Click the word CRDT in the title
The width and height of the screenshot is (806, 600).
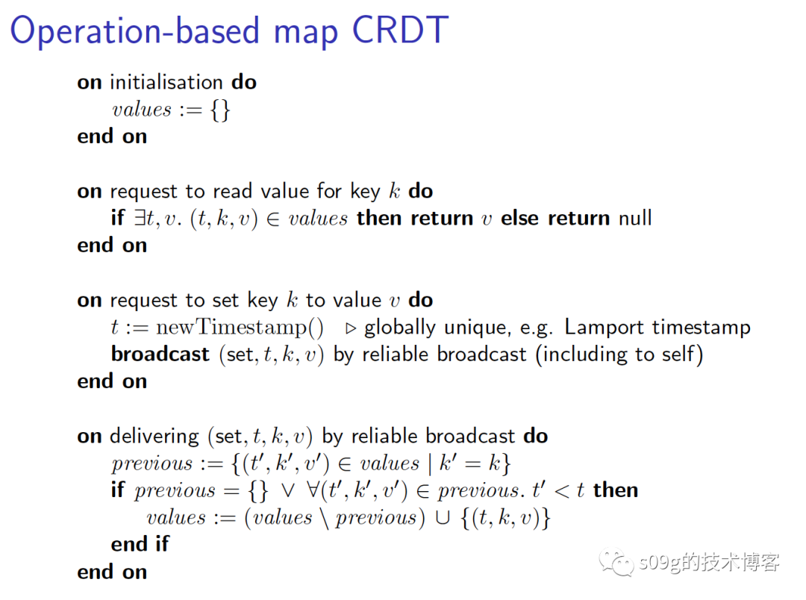click(401, 30)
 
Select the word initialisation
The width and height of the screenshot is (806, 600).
click(166, 82)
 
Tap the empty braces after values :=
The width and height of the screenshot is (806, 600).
click(220, 110)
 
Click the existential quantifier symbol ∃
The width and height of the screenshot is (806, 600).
click(140, 218)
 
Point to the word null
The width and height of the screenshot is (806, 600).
click(635, 218)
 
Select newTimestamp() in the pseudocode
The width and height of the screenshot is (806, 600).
click(240, 327)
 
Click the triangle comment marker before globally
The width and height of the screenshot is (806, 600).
click(351, 328)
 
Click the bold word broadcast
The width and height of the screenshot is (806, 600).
click(160, 354)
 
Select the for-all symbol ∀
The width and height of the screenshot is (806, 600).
click(312, 490)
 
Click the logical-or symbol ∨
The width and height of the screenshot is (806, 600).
click(288, 491)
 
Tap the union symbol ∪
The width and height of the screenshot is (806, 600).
click(442, 518)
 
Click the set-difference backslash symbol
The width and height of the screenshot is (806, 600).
click(325, 518)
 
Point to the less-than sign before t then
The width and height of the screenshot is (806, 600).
click(562, 491)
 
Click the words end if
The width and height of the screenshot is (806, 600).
click(140, 544)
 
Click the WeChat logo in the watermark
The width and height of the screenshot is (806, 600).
click(616, 563)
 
